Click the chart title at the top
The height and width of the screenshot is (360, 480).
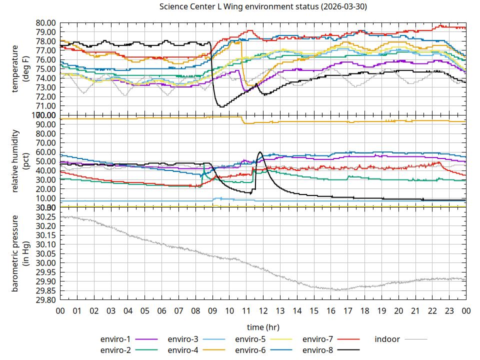tap(262, 6)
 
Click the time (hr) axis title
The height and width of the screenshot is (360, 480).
tap(263, 327)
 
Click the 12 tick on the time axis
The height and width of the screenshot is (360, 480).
tap(263, 311)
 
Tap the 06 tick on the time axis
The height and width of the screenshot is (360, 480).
tap(161, 311)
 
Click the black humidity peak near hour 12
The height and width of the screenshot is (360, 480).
tap(260, 152)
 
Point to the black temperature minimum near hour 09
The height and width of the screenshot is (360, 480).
tap(221, 106)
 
